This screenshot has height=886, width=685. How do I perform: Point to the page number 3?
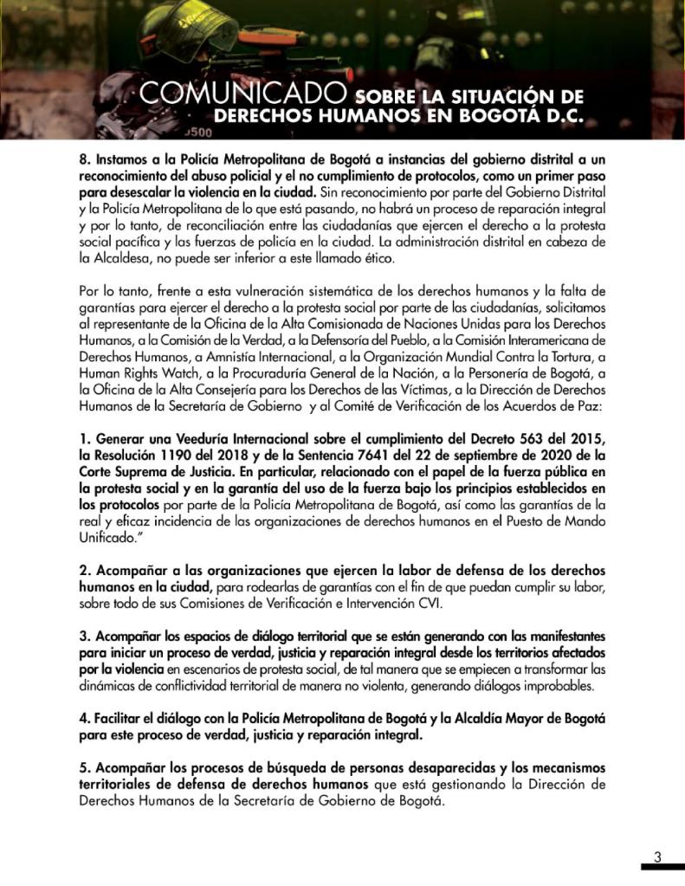(657, 857)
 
